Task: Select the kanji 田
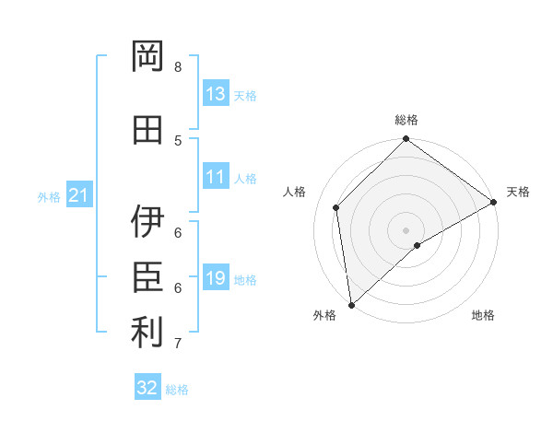point(148,129)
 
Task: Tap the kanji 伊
point(148,221)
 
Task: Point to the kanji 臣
point(148,275)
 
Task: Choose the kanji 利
point(148,333)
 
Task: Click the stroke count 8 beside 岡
point(178,67)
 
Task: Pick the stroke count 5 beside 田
point(178,140)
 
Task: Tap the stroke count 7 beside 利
point(178,344)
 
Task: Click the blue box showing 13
point(216,94)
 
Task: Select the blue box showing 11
point(216,177)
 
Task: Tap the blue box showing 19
point(216,278)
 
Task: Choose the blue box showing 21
point(78,195)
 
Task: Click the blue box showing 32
point(147,388)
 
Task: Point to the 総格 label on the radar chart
point(406,120)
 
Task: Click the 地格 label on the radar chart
point(483,315)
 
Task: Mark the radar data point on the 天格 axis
point(494,203)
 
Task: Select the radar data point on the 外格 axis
point(351,304)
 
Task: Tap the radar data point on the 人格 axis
point(336,207)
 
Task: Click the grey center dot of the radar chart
point(406,229)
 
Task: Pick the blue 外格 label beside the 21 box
point(49,196)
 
